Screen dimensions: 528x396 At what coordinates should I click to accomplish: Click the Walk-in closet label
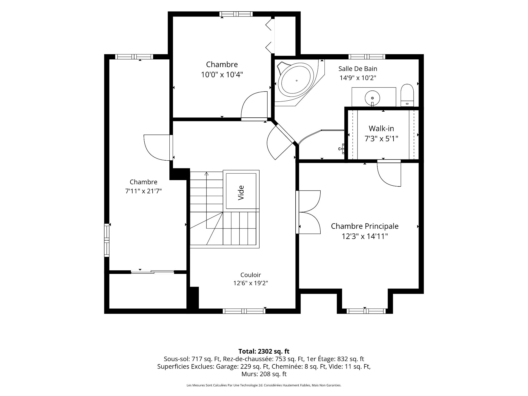[381, 128]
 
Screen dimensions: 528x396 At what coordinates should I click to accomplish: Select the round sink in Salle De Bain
[372, 98]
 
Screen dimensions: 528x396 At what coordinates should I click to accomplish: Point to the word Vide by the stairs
[241, 193]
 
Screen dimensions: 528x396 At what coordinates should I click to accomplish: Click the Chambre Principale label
[365, 226]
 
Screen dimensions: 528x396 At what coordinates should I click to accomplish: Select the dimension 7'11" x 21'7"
[143, 191]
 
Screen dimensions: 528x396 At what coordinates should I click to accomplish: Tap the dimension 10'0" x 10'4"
[222, 75]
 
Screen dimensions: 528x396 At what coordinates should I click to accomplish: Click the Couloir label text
[251, 275]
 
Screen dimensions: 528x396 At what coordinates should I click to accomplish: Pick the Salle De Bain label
[358, 69]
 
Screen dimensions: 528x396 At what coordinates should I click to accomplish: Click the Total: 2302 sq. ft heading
[264, 351]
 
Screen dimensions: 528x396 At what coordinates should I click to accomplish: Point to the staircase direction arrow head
[207, 174]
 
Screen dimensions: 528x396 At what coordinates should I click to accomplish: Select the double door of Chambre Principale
[308, 212]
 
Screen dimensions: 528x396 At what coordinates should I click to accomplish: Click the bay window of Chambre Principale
[365, 311]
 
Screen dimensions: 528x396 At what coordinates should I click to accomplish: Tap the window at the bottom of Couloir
[244, 311]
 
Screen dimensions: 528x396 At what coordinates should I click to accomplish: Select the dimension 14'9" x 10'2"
[358, 78]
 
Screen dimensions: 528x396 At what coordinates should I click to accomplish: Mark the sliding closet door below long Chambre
[152, 272]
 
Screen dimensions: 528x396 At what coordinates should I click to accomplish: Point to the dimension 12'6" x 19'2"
[251, 283]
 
